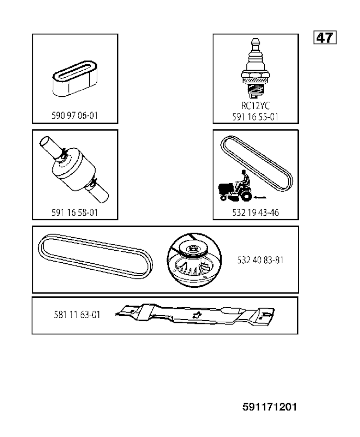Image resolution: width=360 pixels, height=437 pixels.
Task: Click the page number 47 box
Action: pos(325,38)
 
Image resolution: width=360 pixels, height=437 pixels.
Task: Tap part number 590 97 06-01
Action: pos(75,116)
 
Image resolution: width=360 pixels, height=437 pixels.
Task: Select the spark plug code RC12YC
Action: pos(256,105)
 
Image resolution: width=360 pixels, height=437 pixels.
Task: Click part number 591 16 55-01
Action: pos(255,117)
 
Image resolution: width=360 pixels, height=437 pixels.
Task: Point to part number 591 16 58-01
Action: pos(75,213)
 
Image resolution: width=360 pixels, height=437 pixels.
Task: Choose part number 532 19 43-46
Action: pos(256,213)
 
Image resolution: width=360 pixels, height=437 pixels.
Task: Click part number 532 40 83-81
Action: pos(260,260)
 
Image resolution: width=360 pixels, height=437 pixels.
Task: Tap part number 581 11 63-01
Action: pos(77,315)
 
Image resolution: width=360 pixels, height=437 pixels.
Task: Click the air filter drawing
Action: pos(75,79)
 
